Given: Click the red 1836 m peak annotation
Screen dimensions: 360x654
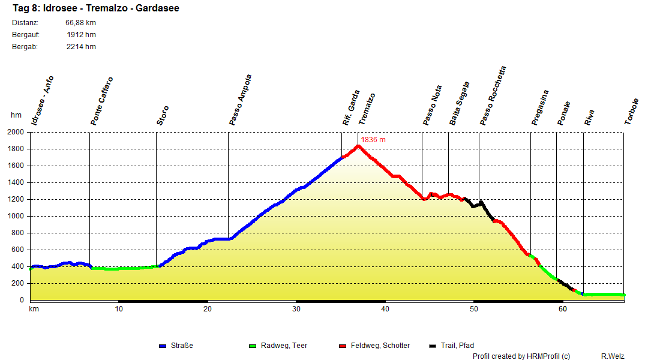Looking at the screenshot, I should pyautogui.click(x=373, y=140).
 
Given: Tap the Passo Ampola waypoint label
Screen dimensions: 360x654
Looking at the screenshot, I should pyautogui.click(x=240, y=100).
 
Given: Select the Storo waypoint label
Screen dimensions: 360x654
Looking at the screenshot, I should pyautogui.click(x=163, y=115).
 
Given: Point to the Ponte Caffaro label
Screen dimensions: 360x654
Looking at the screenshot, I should pyautogui.click(x=101, y=101).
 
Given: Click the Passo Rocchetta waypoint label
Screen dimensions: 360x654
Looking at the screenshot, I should pyautogui.click(x=493, y=95).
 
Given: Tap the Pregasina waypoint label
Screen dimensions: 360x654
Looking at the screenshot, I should pyautogui.click(x=540, y=107).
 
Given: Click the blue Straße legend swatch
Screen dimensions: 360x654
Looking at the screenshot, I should pyautogui.click(x=162, y=346).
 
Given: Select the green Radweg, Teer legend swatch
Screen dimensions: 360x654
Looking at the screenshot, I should pyautogui.click(x=252, y=346).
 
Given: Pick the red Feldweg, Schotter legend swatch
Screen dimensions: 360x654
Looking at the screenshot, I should pyautogui.click(x=343, y=346).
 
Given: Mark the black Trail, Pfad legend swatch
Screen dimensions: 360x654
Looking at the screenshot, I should pyautogui.click(x=433, y=346).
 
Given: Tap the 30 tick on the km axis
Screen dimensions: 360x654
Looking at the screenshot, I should pyautogui.click(x=296, y=309).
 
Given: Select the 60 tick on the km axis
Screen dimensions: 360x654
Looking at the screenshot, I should pyautogui.click(x=563, y=309).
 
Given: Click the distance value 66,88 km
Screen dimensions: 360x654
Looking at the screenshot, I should pyautogui.click(x=80, y=23).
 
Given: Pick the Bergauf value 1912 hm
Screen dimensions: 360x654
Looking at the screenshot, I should pyautogui.click(x=81, y=35).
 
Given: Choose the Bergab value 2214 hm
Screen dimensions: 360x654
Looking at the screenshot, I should pyautogui.click(x=81, y=47).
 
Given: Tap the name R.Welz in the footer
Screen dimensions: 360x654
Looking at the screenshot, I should pyautogui.click(x=613, y=356).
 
